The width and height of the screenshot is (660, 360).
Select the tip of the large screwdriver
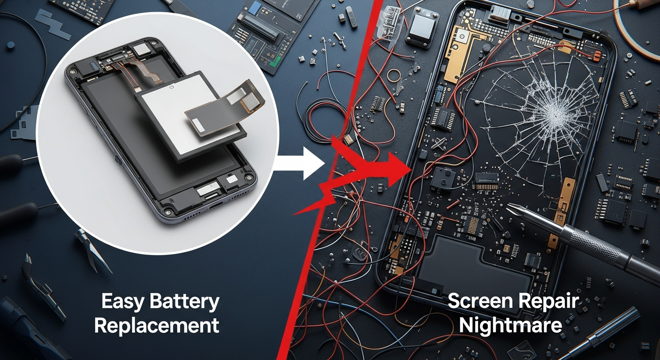(x=507, y=207)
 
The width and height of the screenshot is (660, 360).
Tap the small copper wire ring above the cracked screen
(x=394, y=76)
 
